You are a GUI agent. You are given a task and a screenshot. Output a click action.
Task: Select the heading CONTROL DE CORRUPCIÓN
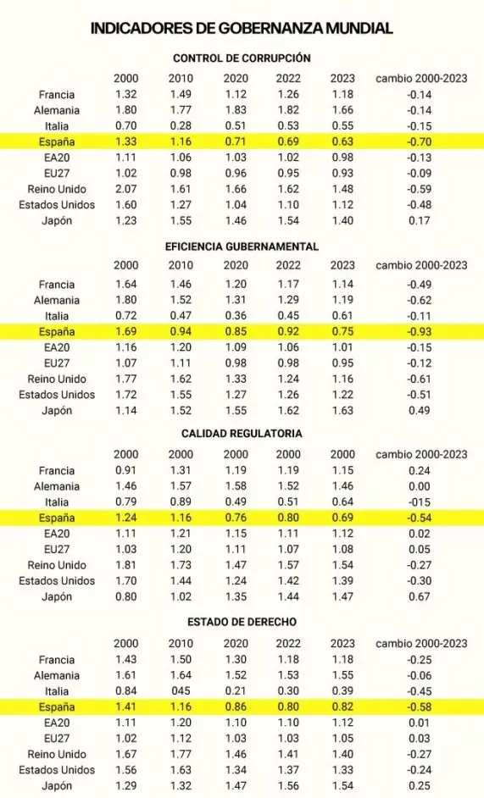[x=242, y=58]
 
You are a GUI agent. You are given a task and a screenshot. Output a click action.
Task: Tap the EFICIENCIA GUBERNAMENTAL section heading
[x=242, y=247]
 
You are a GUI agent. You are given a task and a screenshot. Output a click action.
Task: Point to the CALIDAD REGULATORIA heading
[x=242, y=433]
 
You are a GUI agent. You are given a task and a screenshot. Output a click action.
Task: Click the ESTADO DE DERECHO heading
[x=242, y=621]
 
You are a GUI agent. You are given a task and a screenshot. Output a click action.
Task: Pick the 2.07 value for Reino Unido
[x=125, y=189]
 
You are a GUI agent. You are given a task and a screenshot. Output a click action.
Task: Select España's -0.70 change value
[x=420, y=141]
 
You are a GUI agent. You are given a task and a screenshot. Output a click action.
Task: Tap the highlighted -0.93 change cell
[x=420, y=332]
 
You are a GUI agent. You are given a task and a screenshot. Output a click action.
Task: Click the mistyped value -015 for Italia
[x=420, y=502]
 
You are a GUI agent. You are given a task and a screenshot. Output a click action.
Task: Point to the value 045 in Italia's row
[x=181, y=691]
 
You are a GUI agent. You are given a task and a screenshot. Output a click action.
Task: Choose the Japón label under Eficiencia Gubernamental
[x=57, y=411]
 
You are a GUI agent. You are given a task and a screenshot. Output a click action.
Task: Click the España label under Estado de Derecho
[x=57, y=707]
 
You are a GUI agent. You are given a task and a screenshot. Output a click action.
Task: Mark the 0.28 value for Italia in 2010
[x=181, y=126]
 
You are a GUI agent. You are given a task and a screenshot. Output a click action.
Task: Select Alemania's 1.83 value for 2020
[x=236, y=110]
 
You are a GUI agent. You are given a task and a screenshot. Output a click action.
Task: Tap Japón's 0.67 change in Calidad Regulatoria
[x=420, y=597]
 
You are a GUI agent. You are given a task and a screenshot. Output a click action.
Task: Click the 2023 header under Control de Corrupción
[x=342, y=79]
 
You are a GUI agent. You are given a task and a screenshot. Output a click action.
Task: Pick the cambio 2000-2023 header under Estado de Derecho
[x=421, y=643]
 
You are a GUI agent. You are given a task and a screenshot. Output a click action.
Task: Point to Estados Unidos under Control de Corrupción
[x=57, y=205]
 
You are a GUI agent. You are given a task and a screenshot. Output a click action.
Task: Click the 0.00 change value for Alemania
[x=420, y=486]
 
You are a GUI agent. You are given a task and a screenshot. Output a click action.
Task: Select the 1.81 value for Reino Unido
[x=125, y=565]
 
